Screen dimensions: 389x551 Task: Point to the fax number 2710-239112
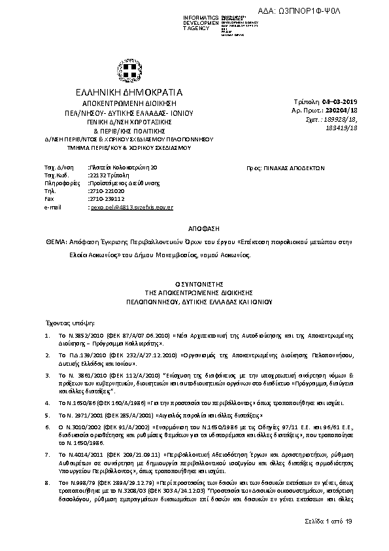(107, 199)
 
